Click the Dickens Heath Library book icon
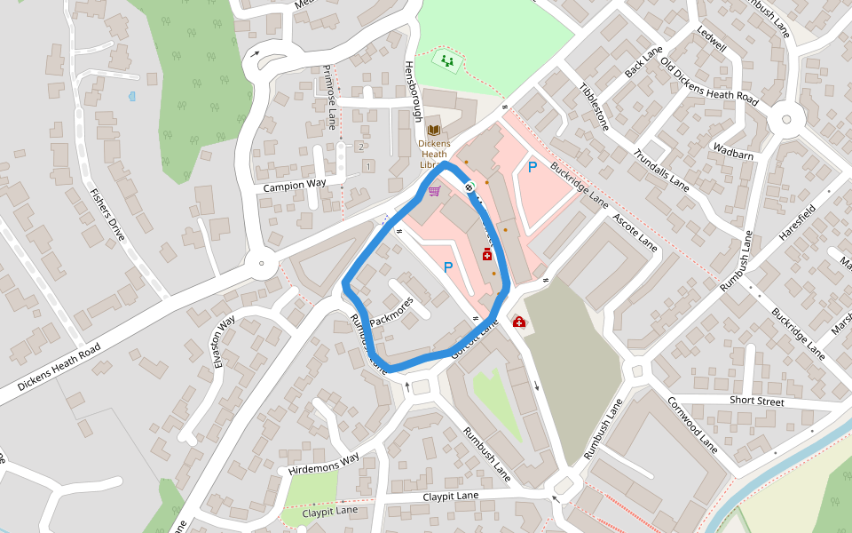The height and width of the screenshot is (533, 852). (434, 130)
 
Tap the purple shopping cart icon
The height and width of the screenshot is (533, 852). (434, 191)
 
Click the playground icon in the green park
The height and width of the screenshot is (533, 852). (447, 60)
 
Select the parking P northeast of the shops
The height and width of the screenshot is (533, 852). (532, 166)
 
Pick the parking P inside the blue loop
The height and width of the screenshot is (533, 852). (448, 266)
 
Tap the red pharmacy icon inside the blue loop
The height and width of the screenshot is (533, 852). (486, 255)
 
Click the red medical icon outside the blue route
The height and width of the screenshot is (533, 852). (518, 322)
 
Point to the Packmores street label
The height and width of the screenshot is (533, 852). (391, 311)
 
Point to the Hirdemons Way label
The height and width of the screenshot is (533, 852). (323, 463)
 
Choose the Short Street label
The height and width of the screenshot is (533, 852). (756, 401)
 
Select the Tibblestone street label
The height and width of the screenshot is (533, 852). (594, 107)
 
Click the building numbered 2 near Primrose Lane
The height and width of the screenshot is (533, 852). (360, 146)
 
